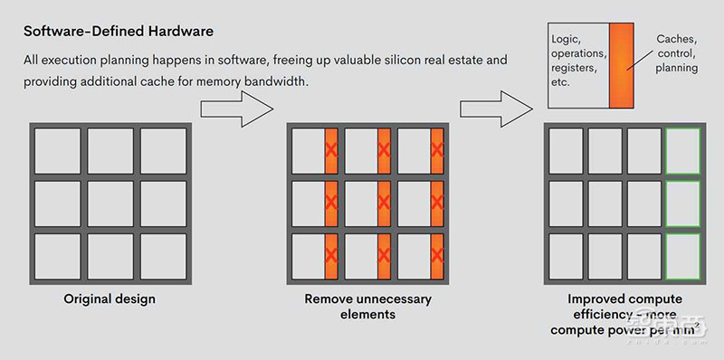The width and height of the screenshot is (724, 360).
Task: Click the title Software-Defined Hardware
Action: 119,32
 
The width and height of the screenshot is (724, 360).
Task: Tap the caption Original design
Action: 110,299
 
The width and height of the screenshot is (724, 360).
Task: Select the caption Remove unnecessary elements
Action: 368,307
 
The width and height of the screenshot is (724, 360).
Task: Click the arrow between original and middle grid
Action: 237,109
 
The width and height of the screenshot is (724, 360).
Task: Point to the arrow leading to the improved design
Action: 496,109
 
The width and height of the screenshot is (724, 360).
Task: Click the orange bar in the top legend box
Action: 621,65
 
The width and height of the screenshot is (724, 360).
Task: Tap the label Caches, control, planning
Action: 676,53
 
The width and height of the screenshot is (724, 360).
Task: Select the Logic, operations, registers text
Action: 578,61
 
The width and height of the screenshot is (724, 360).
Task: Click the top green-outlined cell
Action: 682,151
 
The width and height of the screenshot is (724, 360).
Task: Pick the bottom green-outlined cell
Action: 682,256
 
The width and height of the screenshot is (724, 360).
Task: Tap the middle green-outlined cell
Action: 682,204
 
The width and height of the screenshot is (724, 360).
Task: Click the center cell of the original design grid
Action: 110,204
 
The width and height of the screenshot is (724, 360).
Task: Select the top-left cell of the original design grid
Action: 58,151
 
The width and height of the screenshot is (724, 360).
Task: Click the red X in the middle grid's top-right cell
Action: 437,150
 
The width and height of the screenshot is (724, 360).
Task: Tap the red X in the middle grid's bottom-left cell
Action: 331,255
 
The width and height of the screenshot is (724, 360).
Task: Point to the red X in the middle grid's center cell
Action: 384,203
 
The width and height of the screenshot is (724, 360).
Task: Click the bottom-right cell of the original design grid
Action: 163,256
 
